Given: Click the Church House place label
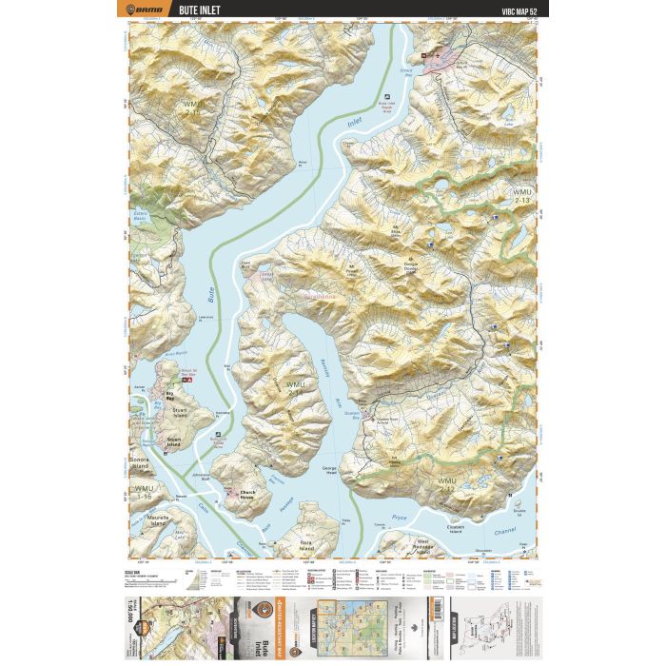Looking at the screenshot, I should point(235,494).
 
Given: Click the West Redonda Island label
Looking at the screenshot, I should point(422,545).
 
